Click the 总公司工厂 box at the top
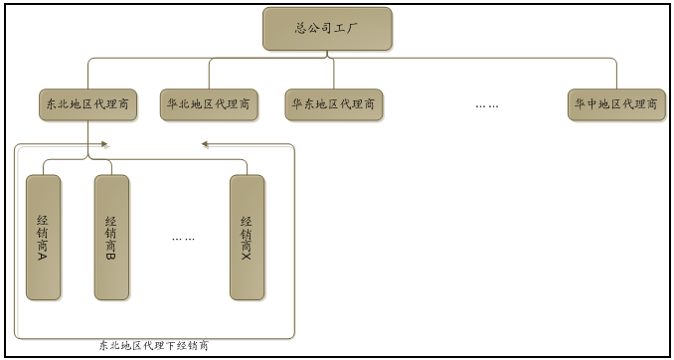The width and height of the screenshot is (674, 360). tap(327, 29)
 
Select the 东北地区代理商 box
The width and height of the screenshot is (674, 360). tap(87, 103)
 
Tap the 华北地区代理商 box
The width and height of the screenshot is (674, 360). tap(209, 103)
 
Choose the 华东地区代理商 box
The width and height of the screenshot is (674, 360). tap(333, 103)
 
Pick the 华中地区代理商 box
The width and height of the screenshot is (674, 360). tap(616, 103)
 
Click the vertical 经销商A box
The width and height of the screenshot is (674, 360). tap(43, 237)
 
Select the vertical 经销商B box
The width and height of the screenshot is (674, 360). tap(111, 237)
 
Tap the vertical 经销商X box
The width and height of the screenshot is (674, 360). tap(247, 237)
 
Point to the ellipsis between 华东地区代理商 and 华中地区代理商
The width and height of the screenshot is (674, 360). tap(486, 104)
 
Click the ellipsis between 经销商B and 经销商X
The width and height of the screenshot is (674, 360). tap(183, 238)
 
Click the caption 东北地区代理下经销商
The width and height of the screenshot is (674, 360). tap(154, 346)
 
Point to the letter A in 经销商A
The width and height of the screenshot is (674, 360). tap(43, 256)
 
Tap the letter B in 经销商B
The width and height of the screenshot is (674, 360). tap(111, 256)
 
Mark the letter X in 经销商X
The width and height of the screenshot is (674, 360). tap(247, 256)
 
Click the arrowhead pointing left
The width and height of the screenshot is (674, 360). tap(205, 144)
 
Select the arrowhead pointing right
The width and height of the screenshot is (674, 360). tap(103, 144)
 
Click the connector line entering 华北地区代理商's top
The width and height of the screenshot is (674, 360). tap(209, 74)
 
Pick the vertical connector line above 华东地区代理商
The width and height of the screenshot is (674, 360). tap(333, 74)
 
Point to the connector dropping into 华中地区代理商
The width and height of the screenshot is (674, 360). tap(616, 75)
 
